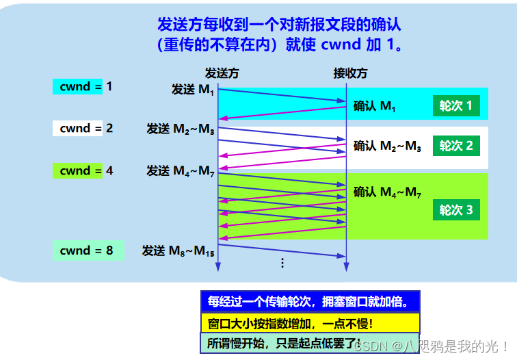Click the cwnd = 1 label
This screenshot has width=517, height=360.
click(83, 87)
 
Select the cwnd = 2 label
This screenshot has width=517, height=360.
click(83, 128)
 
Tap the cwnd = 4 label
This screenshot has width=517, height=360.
click(83, 170)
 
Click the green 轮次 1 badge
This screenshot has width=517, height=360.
click(456, 106)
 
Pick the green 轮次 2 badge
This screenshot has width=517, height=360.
click(456, 146)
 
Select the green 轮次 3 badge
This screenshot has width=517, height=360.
click(456, 209)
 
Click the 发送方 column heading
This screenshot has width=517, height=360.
click(222, 73)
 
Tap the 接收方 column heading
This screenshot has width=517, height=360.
click(350, 73)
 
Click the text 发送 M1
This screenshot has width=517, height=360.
click(193, 90)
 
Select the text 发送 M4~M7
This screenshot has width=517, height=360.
click(181, 171)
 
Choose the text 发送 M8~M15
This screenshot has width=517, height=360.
click(178, 250)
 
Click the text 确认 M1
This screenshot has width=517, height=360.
click(374, 106)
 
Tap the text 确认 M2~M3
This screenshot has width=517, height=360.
click(387, 146)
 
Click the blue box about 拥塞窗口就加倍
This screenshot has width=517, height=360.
click(310, 302)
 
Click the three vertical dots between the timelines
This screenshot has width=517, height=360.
click(282, 263)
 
